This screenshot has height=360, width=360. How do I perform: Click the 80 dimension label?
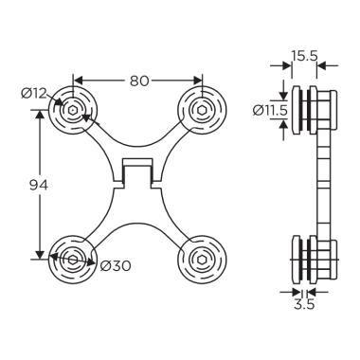pyautogui.click(x=139, y=81)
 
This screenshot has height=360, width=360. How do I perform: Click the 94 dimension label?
pyautogui.click(x=39, y=185)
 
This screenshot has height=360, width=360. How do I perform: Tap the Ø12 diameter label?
pyautogui.click(x=34, y=94)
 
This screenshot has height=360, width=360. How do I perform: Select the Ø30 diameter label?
pyautogui.click(x=116, y=266)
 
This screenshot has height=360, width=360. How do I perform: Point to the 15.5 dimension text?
pyautogui.click(x=304, y=56)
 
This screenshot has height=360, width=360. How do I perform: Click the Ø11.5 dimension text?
pyautogui.click(x=270, y=110)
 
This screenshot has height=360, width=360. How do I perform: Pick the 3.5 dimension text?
pyautogui.click(x=304, y=305)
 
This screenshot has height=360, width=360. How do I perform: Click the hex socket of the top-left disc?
pyautogui.click(x=73, y=110)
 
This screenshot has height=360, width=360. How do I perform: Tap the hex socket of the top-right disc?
pyautogui.click(x=202, y=110)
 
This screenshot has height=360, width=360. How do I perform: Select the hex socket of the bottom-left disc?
pyautogui.click(x=73, y=260)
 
